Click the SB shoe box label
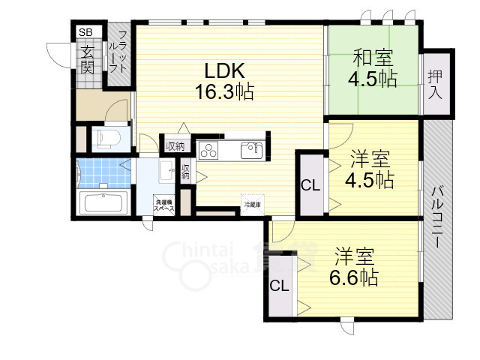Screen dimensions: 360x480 (85, 32)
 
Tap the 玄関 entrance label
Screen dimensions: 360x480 (87, 59)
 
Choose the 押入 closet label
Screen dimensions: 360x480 (436, 83)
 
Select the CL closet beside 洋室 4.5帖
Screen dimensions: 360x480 (310, 185)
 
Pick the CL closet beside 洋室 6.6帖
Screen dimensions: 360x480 (279, 286)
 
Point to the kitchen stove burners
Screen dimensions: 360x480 (207, 149)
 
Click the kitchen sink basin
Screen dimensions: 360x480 (250, 151)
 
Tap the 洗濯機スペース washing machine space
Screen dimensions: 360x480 (164, 205)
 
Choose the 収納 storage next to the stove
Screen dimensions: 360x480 (175, 145)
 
